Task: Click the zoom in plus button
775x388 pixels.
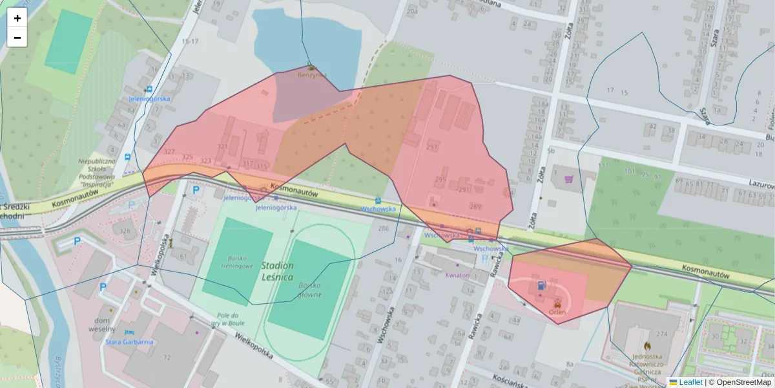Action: [17, 18]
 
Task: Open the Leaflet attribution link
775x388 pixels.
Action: [690, 382]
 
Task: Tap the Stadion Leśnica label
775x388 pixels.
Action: [277, 271]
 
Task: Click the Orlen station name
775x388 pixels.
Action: [557, 311]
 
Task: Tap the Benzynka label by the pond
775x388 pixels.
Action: [312, 74]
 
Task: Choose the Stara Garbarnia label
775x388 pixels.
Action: [130, 341]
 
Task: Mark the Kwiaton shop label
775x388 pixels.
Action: [457, 275]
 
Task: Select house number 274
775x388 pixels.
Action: [661, 334]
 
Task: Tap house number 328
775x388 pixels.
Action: [125, 231]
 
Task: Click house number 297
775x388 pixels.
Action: [431, 147]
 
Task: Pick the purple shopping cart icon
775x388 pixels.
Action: [568, 179]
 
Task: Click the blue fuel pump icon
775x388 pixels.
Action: [540, 285]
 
